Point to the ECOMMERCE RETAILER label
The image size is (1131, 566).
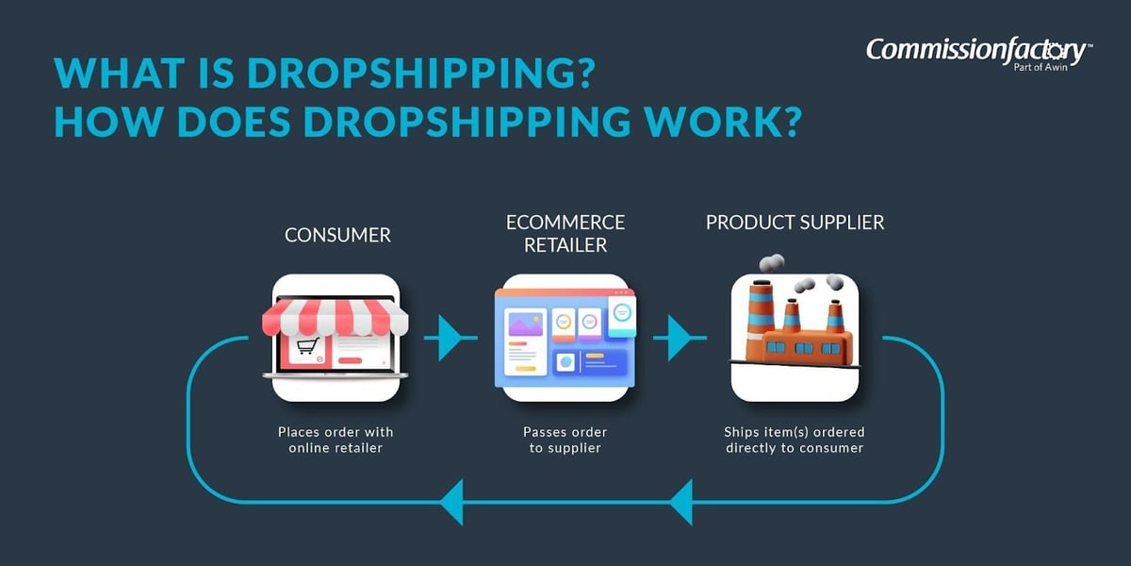565,233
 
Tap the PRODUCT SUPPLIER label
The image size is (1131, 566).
795,223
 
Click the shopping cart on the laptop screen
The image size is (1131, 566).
307,347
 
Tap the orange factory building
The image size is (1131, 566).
797,345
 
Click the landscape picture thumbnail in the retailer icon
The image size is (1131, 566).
523,324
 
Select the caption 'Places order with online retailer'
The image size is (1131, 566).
336,440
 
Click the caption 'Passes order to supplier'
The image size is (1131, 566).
565,440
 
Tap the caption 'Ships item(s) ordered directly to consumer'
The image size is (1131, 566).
795,440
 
